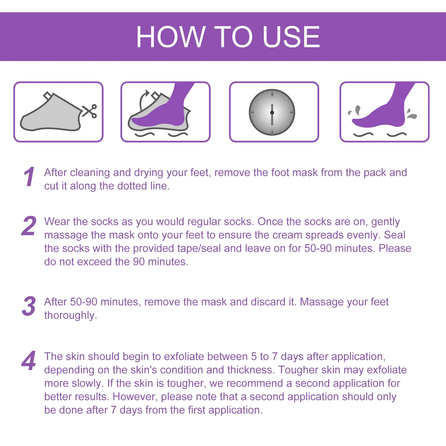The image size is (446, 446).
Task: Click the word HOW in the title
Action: [x=171, y=37]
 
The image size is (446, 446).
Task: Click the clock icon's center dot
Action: [x=272, y=113]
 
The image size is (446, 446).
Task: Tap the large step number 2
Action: [x=29, y=226]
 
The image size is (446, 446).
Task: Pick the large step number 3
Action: [x=29, y=306]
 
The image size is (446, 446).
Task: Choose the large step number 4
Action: [x=29, y=360]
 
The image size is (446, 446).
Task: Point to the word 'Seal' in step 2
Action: [x=394, y=235]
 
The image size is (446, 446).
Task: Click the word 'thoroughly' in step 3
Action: [x=69, y=316]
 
